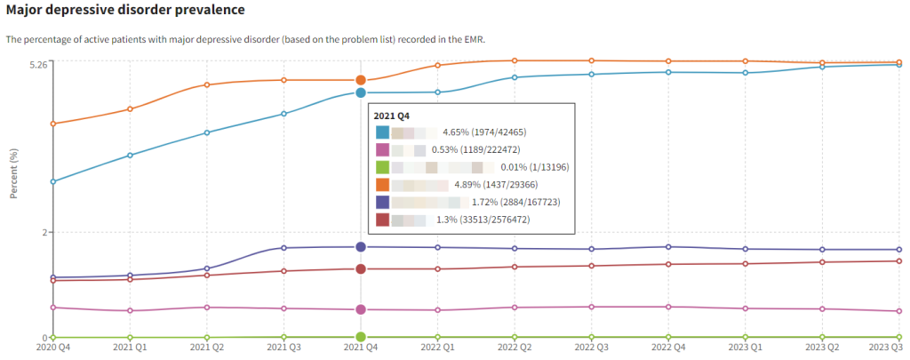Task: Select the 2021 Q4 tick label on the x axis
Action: [361, 349]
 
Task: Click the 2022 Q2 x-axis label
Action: [515, 349]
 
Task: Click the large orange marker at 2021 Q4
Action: [361, 80]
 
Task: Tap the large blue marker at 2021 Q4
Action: [361, 92]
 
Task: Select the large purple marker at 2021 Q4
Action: [361, 247]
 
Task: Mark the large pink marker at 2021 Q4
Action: [361, 309]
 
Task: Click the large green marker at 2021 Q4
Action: [361, 337]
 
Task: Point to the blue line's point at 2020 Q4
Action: [53, 181]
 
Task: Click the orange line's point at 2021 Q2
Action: [207, 84]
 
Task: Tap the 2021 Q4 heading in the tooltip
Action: [392, 116]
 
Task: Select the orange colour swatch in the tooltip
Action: [383, 184]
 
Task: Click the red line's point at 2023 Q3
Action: [898, 260]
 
